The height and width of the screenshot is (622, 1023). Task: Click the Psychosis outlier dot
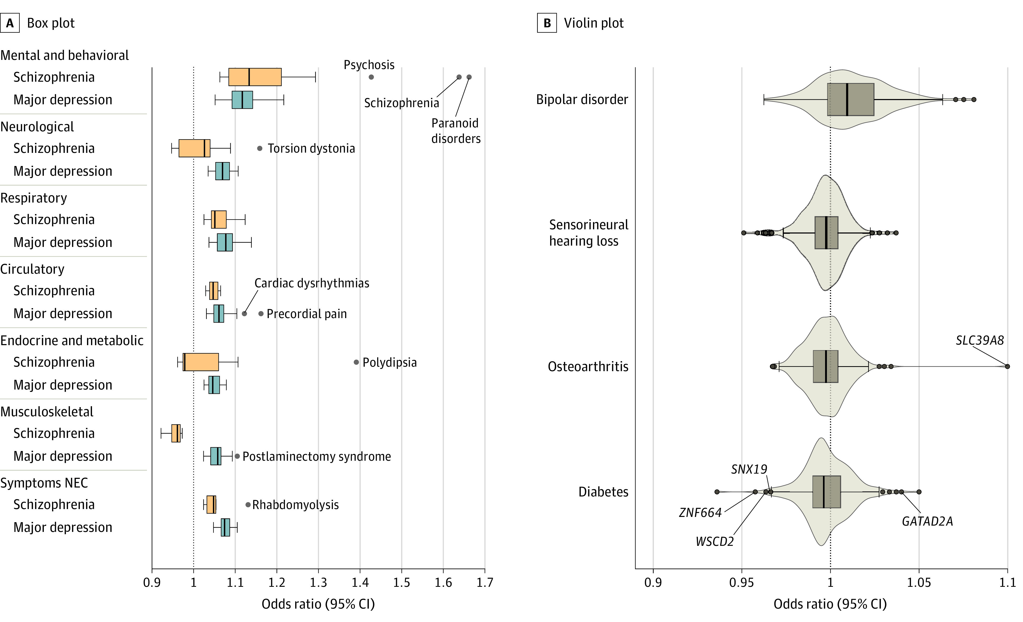(371, 77)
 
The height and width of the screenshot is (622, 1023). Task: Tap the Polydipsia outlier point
(356, 362)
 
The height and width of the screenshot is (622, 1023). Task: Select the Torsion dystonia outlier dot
(260, 148)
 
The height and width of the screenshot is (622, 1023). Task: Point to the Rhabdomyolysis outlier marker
(248, 505)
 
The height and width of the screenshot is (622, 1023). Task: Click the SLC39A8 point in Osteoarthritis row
(1007, 366)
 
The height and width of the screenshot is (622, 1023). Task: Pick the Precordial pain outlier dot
(261, 314)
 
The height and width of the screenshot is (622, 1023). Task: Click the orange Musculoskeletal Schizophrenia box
(176, 433)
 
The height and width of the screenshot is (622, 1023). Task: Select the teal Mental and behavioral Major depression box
(242, 100)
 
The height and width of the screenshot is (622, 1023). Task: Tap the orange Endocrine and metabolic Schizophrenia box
(201, 362)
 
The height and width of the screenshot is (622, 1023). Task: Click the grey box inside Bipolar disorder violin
(850, 100)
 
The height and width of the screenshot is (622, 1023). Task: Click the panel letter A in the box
(10, 23)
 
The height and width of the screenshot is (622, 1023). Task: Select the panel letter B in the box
(547, 23)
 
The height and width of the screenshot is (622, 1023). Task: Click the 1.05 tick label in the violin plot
(919, 583)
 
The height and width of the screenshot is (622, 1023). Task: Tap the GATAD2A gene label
(927, 521)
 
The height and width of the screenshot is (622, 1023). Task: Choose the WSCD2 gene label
(714, 542)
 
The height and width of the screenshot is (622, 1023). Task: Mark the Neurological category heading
(37, 127)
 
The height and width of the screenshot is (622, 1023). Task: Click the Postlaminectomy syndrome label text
(316, 457)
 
